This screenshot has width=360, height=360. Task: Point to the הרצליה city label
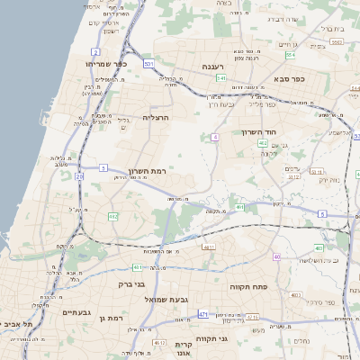click(x=155, y=117)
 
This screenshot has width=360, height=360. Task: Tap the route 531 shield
click(x=148, y=63)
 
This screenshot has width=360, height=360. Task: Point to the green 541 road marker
click(x=220, y=78)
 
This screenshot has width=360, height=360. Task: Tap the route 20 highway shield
click(x=79, y=176)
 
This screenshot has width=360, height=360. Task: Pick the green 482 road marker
click(x=113, y=217)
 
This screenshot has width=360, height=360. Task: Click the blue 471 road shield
click(x=203, y=314)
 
